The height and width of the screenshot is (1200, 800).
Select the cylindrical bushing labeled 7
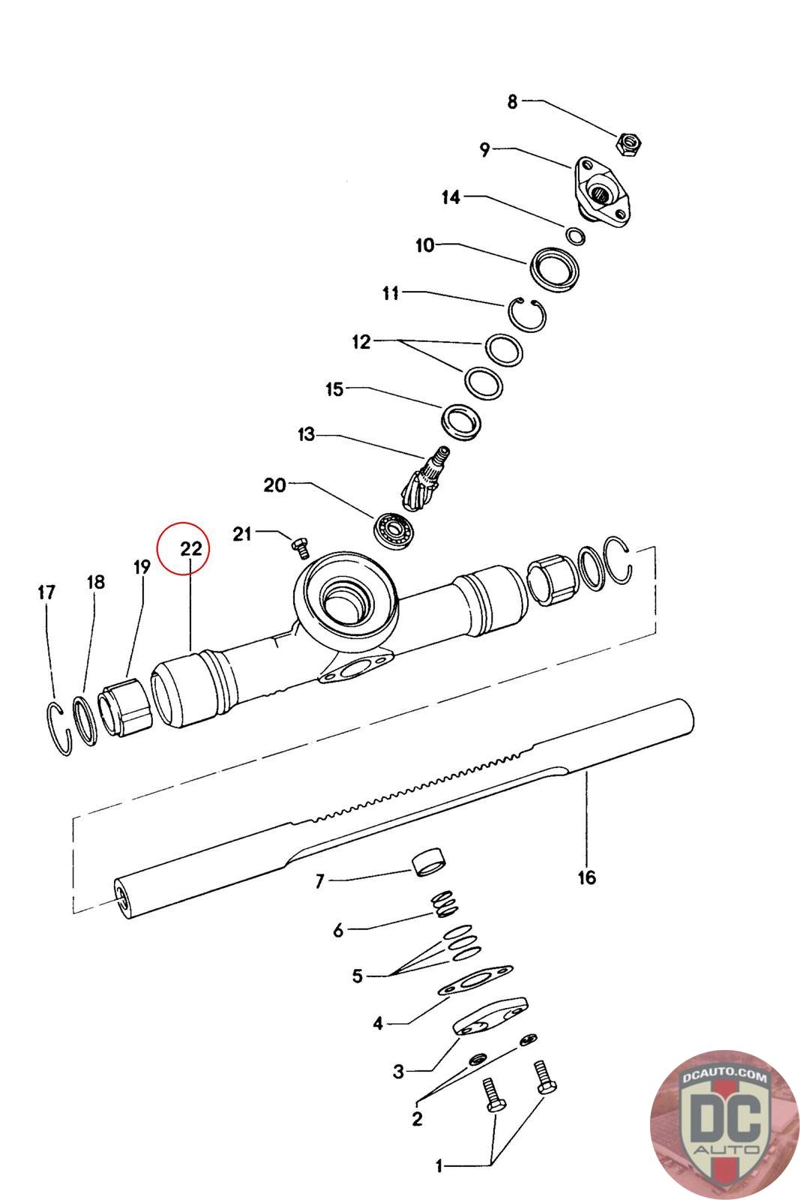pos(429,861)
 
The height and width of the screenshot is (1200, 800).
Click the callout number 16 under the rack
pos(586,877)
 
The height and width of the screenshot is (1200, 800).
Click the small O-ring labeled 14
pos(577,235)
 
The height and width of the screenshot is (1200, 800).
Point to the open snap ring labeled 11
pos(528,313)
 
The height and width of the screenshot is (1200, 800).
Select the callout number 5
pos(357,976)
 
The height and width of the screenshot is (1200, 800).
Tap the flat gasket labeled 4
pos(475,981)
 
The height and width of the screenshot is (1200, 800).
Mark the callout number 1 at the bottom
pos(439,1166)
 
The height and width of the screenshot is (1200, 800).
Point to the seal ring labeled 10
pos(556,268)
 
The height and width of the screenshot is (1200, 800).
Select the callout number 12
pos(361,342)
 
